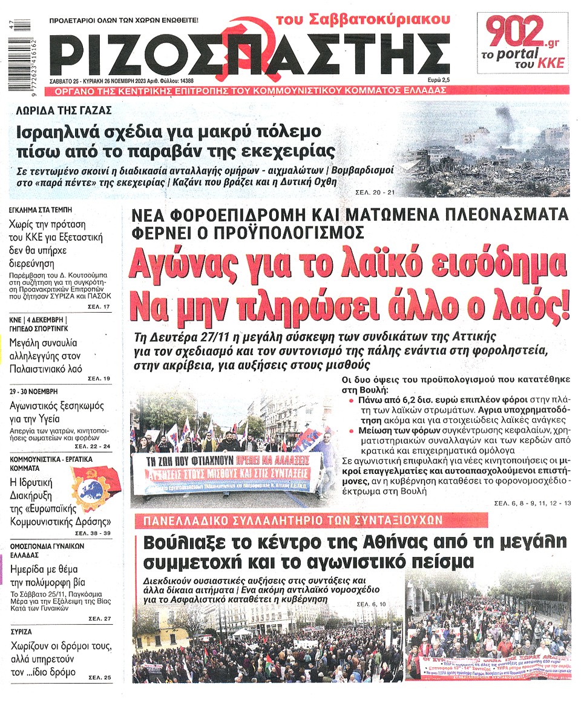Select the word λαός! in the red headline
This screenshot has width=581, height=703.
[533, 306]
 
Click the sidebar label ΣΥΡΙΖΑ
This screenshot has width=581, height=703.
[22, 631]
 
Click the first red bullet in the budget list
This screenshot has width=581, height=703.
[352, 401]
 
